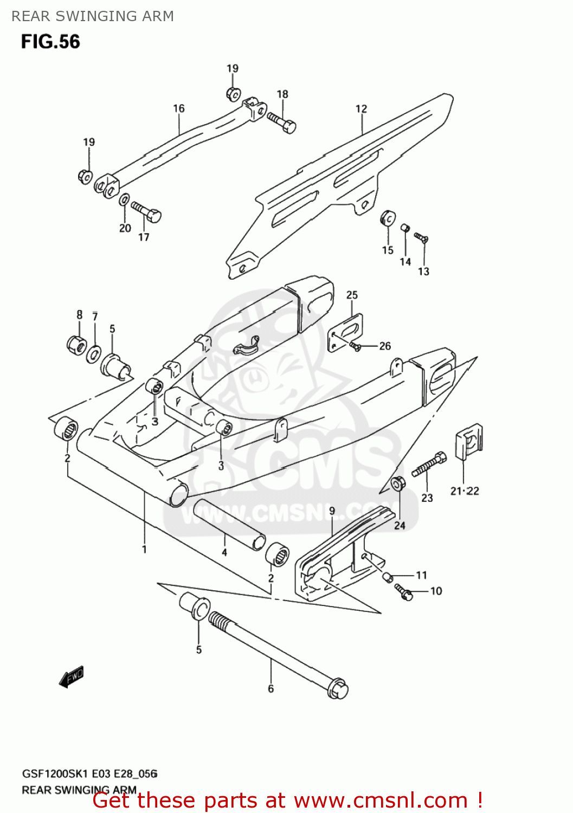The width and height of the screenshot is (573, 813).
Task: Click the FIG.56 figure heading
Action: tap(50, 42)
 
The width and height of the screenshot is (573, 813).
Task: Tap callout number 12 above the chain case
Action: tap(361, 109)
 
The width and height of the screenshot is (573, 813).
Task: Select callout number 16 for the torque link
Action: tap(179, 108)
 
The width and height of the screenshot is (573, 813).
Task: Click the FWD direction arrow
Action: tap(72, 676)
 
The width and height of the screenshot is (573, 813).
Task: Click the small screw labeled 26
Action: tap(356, 346)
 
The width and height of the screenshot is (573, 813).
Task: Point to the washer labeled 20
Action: tap(124, 200)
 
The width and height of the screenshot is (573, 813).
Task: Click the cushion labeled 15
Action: tap(388, 219)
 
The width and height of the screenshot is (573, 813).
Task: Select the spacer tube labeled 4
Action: tap(229, 524)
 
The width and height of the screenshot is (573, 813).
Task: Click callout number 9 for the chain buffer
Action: tap(332, 511)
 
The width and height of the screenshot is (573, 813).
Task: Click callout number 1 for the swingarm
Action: tap(144, 550)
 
